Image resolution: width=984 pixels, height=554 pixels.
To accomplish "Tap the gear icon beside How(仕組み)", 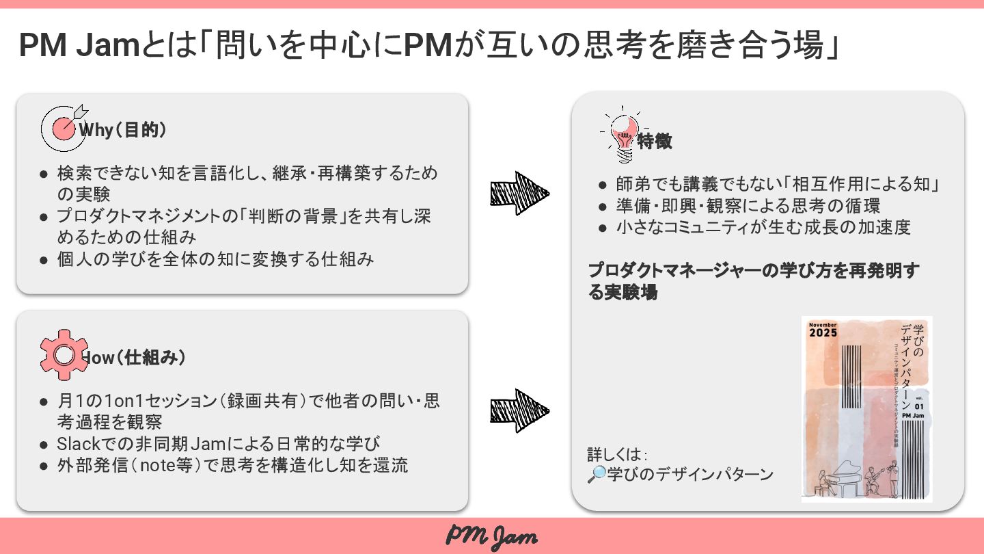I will (x=64, y=354).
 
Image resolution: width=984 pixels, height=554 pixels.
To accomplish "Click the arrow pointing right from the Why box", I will (x=519, y=194).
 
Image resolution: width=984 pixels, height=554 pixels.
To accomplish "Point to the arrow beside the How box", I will (x=519, y=410).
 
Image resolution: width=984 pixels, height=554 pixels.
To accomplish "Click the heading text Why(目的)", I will (x=123, y=130).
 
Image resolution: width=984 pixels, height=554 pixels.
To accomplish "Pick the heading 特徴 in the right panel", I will (x=655, y=142).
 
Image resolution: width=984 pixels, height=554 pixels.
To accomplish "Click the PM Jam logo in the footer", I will (x=492, y=536).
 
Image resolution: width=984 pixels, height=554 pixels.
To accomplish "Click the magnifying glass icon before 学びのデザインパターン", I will (x=597, y=474).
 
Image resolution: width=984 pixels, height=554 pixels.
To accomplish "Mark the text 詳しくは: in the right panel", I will (x=616, y=455).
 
